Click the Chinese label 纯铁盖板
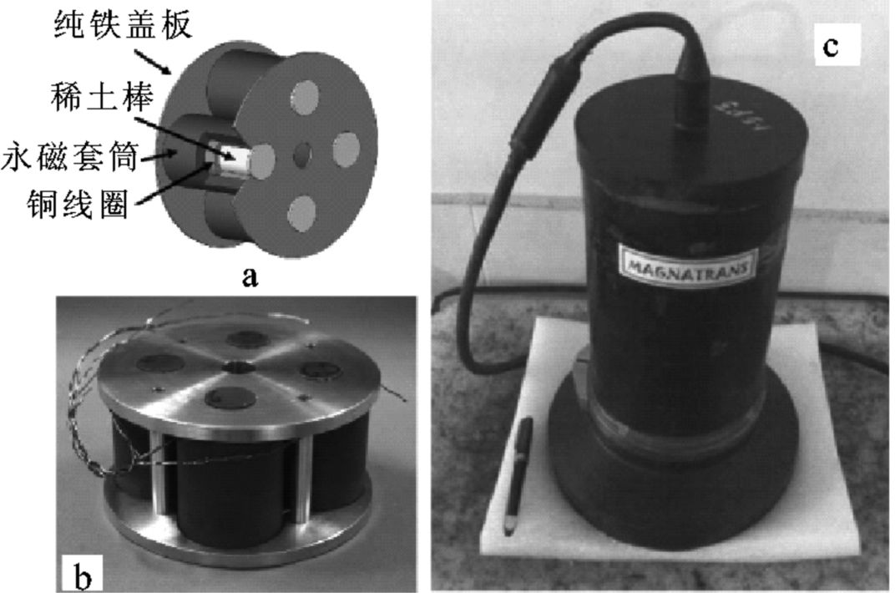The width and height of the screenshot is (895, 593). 123,26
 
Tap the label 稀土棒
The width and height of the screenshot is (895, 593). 102,96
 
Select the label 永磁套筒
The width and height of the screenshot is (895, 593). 69,156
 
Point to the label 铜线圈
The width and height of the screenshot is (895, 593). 78,203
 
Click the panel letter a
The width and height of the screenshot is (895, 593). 250,277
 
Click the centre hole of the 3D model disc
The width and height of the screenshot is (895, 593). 302,155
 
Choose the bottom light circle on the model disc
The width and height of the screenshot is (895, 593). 302,214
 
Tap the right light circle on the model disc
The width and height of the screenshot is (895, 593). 346,150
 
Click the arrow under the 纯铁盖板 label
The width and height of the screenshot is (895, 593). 153,63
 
